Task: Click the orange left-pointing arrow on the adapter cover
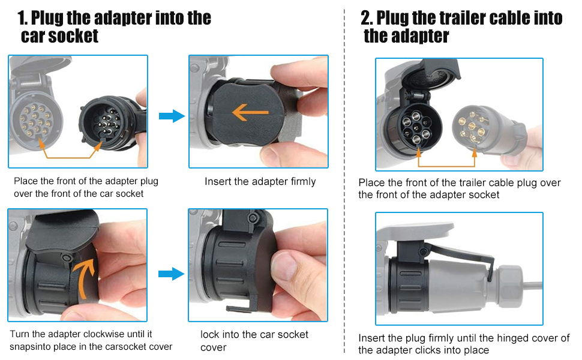pyautogui.click(x=250, y=112)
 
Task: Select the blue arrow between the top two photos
pyautogui.click(x=172, y=116)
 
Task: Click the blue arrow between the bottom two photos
pyautogui.click(x=171, y=274)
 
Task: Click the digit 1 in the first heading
pyautogui.click(x=22, y=18)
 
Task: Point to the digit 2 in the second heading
pyautogui.click(x=367, y=18)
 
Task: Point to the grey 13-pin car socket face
pyautogui.click(x=35, y=120)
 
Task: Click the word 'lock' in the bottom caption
pyautogui.click(x=209, y=335)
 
